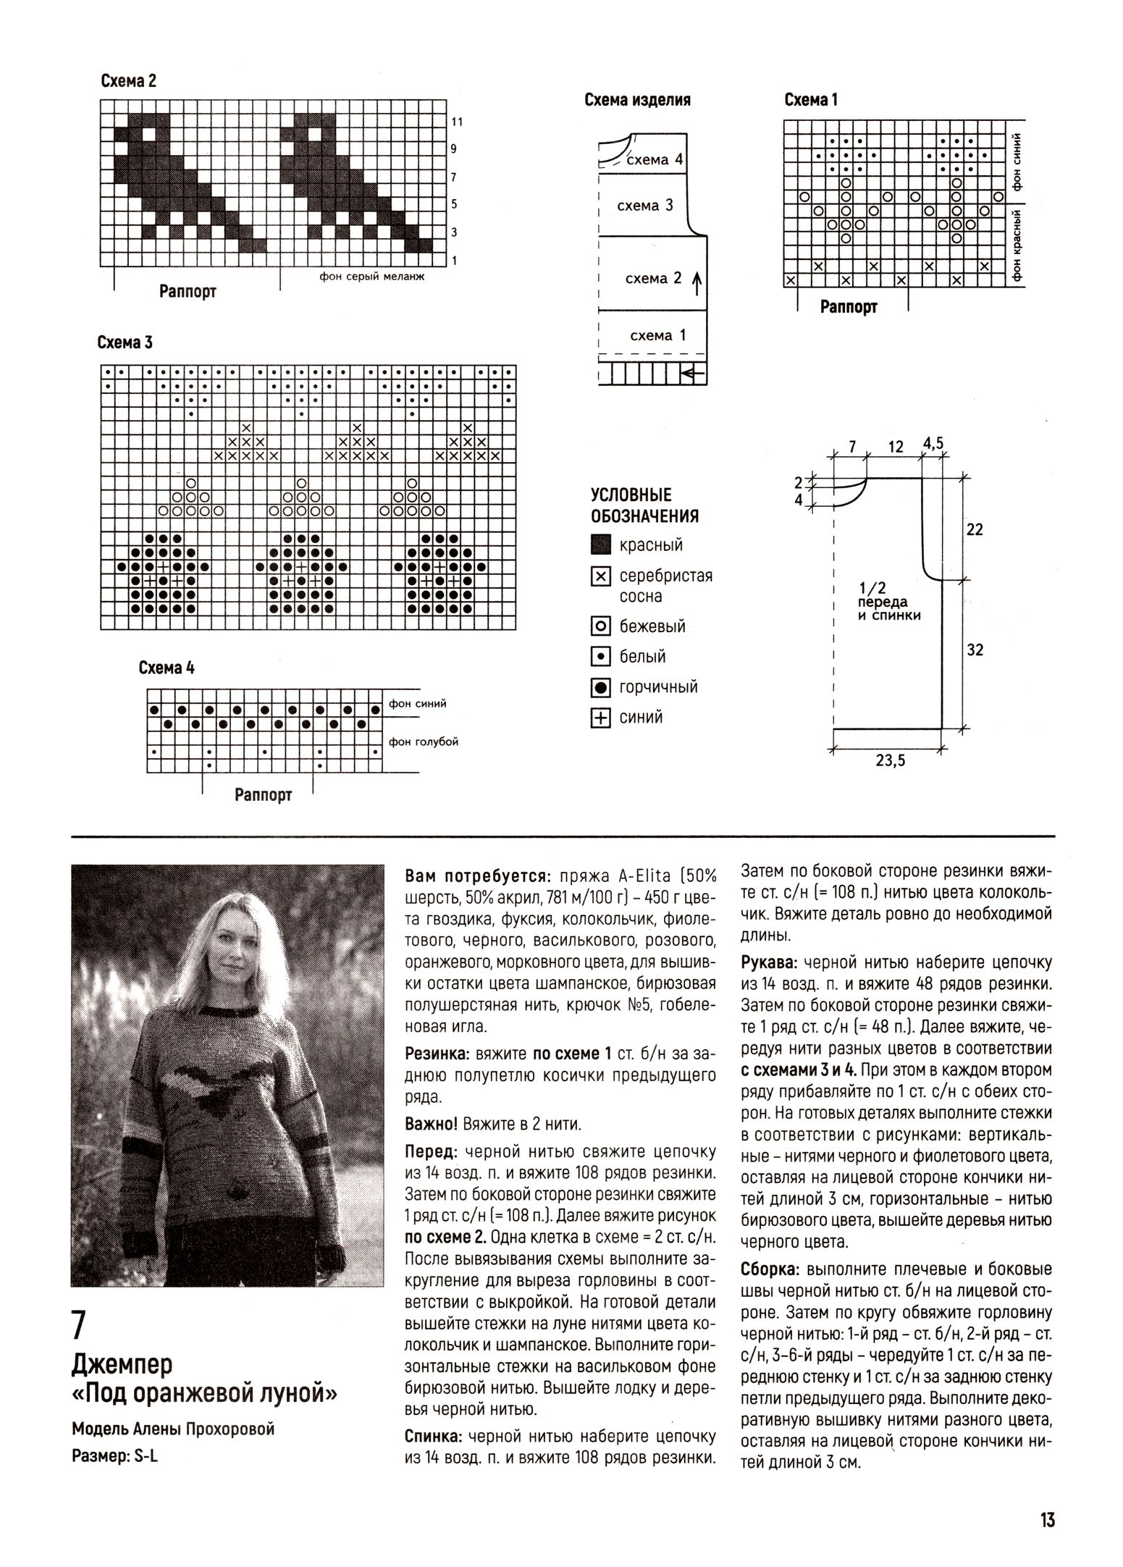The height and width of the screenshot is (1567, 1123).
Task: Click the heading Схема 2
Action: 128,81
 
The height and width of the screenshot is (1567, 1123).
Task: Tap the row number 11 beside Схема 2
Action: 456,122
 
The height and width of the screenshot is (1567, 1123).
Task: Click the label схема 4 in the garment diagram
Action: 654,159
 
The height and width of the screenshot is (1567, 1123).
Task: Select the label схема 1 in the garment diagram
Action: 657,335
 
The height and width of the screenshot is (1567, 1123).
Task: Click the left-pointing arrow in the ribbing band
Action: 692,374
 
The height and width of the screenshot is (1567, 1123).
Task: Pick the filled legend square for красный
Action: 600,545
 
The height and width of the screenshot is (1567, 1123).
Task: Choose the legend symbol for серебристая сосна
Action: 600,576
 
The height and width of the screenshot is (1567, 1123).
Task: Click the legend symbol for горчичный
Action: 600,687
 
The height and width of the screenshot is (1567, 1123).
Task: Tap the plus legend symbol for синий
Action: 600,718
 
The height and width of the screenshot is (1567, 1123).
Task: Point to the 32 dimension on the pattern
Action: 975,650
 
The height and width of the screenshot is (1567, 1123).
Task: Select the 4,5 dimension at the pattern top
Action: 933,443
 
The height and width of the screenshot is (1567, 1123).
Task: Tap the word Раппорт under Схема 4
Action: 263,795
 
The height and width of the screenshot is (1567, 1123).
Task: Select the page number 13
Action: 1047,1519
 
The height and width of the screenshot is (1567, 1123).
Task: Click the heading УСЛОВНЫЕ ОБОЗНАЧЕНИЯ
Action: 644,505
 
